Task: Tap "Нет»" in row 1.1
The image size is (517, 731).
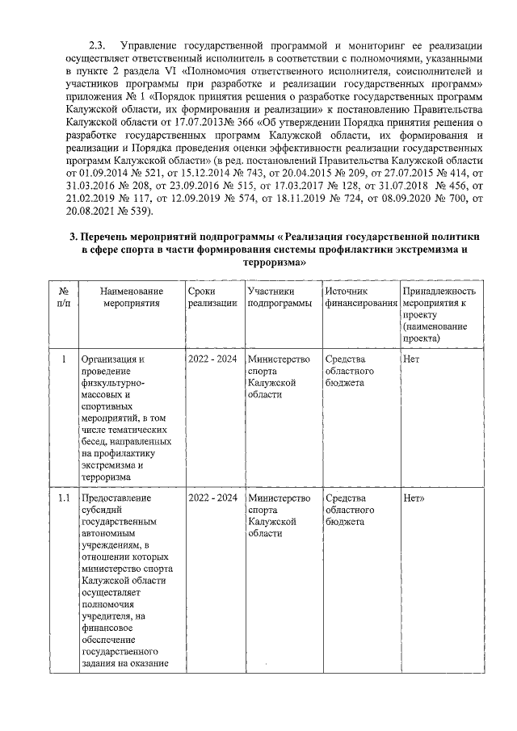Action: (x=414, y=498)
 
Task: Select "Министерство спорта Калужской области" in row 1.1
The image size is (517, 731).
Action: (x=279, y=515)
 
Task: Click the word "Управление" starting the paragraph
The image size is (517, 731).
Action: (x=149, y=43)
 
